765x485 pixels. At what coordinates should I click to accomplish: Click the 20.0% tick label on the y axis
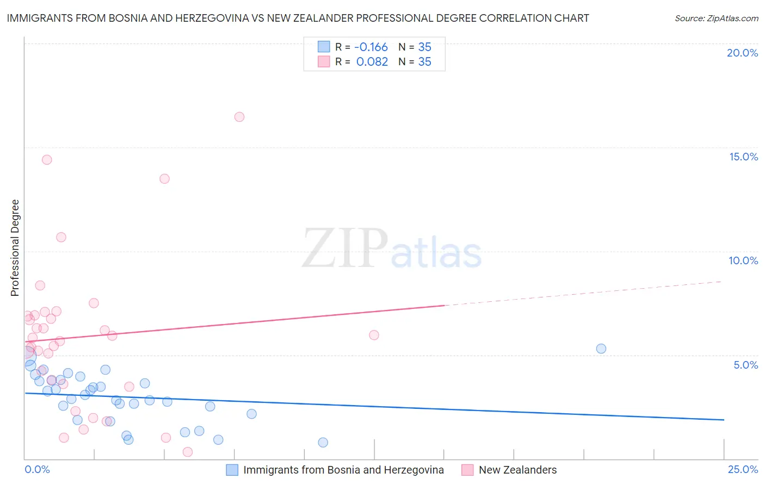tap(742, 53)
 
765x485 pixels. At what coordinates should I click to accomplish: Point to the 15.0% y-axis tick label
tap(743, 157)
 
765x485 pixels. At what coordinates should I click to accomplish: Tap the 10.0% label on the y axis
tap(743, 260)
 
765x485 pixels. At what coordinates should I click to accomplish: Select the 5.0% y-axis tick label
tap(745, 365)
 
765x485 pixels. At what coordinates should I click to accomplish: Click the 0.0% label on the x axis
tap(37, 469)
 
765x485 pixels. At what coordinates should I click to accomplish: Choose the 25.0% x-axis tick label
tap(743, 469)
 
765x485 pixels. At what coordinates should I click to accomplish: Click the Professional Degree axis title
tap(15, 248)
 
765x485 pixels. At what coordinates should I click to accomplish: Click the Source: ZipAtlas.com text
tap(716, 18)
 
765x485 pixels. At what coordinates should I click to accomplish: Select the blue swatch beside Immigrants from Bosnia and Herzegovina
tap(232, 470)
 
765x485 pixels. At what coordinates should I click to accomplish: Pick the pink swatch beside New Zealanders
tap(467, 470)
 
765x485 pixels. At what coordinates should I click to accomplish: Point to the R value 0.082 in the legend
tap(372, 62)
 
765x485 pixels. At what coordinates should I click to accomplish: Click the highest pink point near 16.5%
tap(239, 117)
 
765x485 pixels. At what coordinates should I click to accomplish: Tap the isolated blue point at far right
tap(601, 349)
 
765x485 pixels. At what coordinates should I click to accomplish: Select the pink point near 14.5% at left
tap(47, 160)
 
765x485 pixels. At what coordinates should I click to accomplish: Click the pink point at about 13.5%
tap(164, 179)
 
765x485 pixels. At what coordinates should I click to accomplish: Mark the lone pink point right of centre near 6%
tap(374, 335)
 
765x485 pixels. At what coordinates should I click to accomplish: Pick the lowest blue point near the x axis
tap(323, 443)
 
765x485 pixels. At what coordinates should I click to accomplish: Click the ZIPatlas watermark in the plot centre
tap(392, 249)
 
